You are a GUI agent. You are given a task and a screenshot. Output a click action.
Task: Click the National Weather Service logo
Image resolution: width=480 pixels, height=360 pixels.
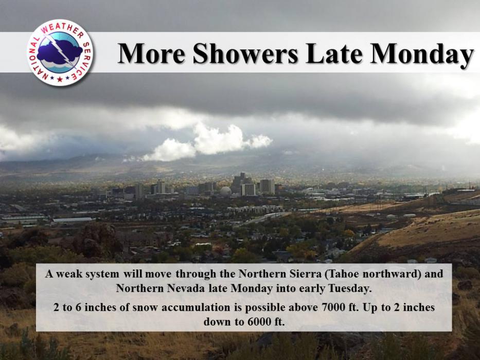click(60, 52)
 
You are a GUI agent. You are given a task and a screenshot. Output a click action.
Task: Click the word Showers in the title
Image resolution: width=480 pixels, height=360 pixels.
click(245, 53)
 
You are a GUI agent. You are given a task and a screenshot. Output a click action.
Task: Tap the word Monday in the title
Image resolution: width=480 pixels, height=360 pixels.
click(422, 54)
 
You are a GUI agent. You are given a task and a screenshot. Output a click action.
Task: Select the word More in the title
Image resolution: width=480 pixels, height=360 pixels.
click(152, 53)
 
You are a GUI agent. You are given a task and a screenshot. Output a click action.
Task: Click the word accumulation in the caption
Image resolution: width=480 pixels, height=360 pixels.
click(196, 307)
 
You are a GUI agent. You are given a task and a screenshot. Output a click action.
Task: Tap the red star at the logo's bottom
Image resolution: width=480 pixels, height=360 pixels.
click(60, 80)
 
